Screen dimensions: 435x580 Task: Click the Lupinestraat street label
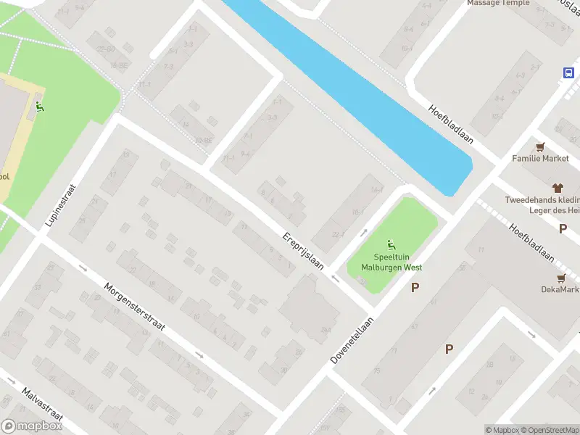[61, 205]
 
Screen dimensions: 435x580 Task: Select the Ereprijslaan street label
[303, 251]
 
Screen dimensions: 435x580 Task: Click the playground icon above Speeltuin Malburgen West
[391, 244]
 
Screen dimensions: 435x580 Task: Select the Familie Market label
[541, 158]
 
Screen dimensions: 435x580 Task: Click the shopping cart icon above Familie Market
[540, 145]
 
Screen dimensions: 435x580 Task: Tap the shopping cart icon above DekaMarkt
[560, 278]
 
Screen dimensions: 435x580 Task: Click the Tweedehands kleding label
[542, 200]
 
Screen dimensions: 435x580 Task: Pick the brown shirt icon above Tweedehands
[558, 187]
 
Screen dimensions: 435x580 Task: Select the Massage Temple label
[498, 3]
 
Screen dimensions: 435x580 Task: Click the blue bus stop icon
[569, 72]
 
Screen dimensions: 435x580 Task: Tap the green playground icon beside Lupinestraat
[40, 107]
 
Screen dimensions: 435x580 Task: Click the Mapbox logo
[32, 426]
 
